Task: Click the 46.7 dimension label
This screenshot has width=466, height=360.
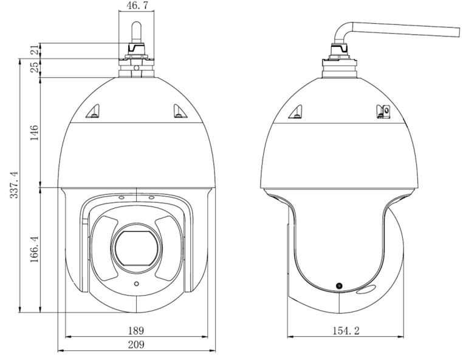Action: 137,5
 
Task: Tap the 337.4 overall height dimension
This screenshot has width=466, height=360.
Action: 14,185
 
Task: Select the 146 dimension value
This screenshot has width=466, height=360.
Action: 35,132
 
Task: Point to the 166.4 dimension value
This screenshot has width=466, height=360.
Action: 35,249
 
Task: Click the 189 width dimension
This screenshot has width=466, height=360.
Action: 136,330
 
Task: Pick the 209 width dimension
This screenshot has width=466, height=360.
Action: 136,344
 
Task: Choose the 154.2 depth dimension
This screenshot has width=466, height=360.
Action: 346,330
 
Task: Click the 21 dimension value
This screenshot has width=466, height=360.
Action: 35,49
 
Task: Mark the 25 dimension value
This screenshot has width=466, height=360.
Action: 35,67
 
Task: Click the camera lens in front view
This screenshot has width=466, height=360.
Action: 137,248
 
